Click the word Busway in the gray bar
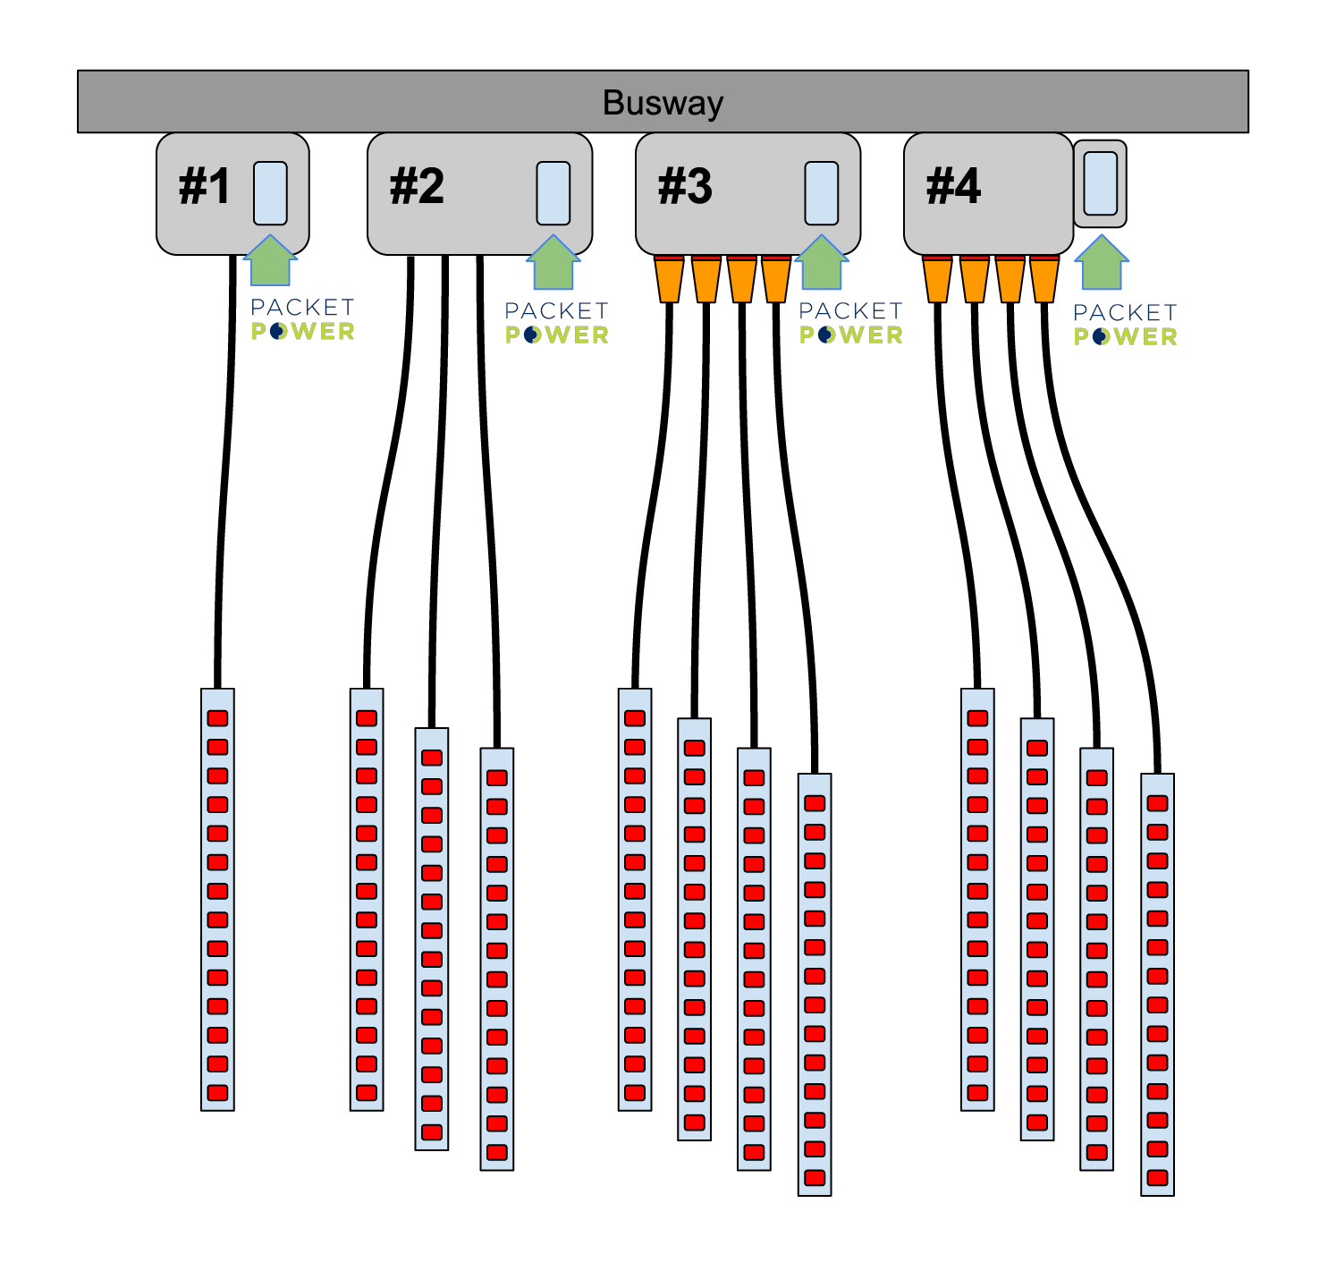click(x=663, y=103)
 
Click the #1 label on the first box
click(x=205, y=187)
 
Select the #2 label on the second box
click(x=417, y=187)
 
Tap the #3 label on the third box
click(x=685, y=187)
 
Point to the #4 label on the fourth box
click(x=953, y=187)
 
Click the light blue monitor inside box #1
click(x=270, y=193)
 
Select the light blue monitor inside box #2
click(x=553, y=193)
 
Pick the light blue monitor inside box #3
click(x=822, y=193)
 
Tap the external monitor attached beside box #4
click(x=1101, y=183)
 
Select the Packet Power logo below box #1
click(x=302, y=320)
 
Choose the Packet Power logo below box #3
click(x=850, y=323)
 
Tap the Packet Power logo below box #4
click(x=1125, y=325)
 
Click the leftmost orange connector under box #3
click(x=669, y=279)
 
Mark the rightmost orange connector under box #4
click(x=1043, y=279)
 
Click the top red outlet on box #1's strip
click(x=217, y=718)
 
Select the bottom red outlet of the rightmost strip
click(x=1157, y=1177)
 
